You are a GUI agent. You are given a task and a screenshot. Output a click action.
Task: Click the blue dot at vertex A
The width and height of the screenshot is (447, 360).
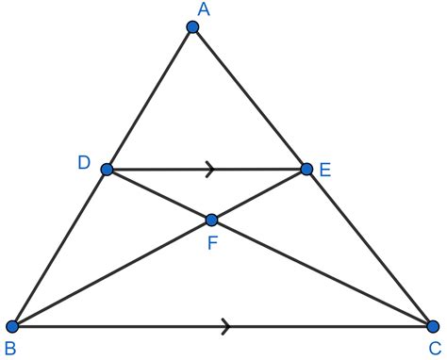click(193, 27)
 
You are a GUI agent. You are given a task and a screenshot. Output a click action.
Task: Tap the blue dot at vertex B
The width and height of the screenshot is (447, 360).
click(13, 326)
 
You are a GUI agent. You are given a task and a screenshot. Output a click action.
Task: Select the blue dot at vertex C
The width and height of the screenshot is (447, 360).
click(432, 326)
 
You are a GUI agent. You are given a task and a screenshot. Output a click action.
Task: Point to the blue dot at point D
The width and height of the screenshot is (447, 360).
click(108, 170)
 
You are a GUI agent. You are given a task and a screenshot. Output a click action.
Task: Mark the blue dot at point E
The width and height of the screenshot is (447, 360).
click(306, 170)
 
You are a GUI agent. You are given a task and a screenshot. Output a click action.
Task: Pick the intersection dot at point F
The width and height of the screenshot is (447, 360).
click(211, 220)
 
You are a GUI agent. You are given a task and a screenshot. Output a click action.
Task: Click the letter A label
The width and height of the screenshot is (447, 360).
click(202, 8)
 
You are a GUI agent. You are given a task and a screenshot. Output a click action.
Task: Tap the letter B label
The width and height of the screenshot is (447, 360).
click(10, 350)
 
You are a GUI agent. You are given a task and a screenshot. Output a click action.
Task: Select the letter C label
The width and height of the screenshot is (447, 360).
click(434, 350)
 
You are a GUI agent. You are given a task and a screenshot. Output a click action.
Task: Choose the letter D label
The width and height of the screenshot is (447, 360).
click(84, 163)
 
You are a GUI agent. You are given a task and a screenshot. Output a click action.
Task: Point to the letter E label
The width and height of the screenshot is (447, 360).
click(325, 171)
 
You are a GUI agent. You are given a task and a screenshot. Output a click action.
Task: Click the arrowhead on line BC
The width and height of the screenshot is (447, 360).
click(226, 326)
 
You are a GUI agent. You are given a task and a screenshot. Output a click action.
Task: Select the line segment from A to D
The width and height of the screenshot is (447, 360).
click(151, 98)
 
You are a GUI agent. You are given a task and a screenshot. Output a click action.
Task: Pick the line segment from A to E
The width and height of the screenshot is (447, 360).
click(250, 99)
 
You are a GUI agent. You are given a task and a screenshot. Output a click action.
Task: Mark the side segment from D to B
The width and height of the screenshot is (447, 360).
click(60, 248)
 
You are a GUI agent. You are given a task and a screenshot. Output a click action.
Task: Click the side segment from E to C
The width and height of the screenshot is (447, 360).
click(369, 248)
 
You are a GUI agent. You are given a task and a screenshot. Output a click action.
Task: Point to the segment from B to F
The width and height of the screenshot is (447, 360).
click(112, 273)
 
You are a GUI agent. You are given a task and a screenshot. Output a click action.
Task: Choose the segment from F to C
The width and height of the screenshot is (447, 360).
click(322, 273)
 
